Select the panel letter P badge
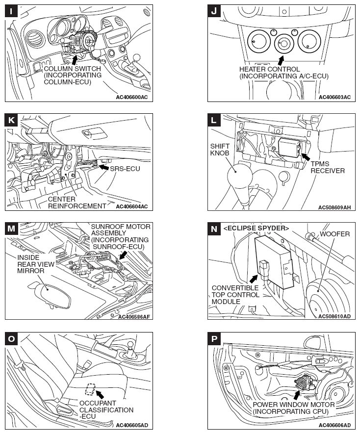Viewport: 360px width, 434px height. pyautogui.click(x=214, y=338)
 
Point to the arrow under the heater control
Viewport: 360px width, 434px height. pyautogui.click(x=280, y=61)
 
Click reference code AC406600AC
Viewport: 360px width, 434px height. pyautogui.click(x=131, y=97)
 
